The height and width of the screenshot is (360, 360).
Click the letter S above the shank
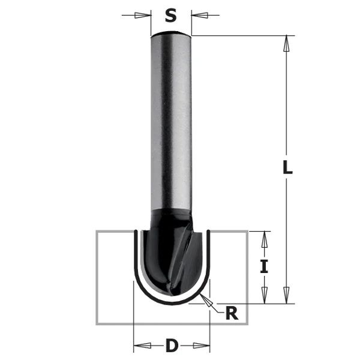tap(172, 13)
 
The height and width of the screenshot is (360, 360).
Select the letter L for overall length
tap(287, 169)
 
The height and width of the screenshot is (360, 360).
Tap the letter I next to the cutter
tap(263, 267)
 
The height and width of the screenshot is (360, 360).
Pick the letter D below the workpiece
tap(172, 346)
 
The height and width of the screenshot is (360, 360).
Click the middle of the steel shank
tap(171, 120)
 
